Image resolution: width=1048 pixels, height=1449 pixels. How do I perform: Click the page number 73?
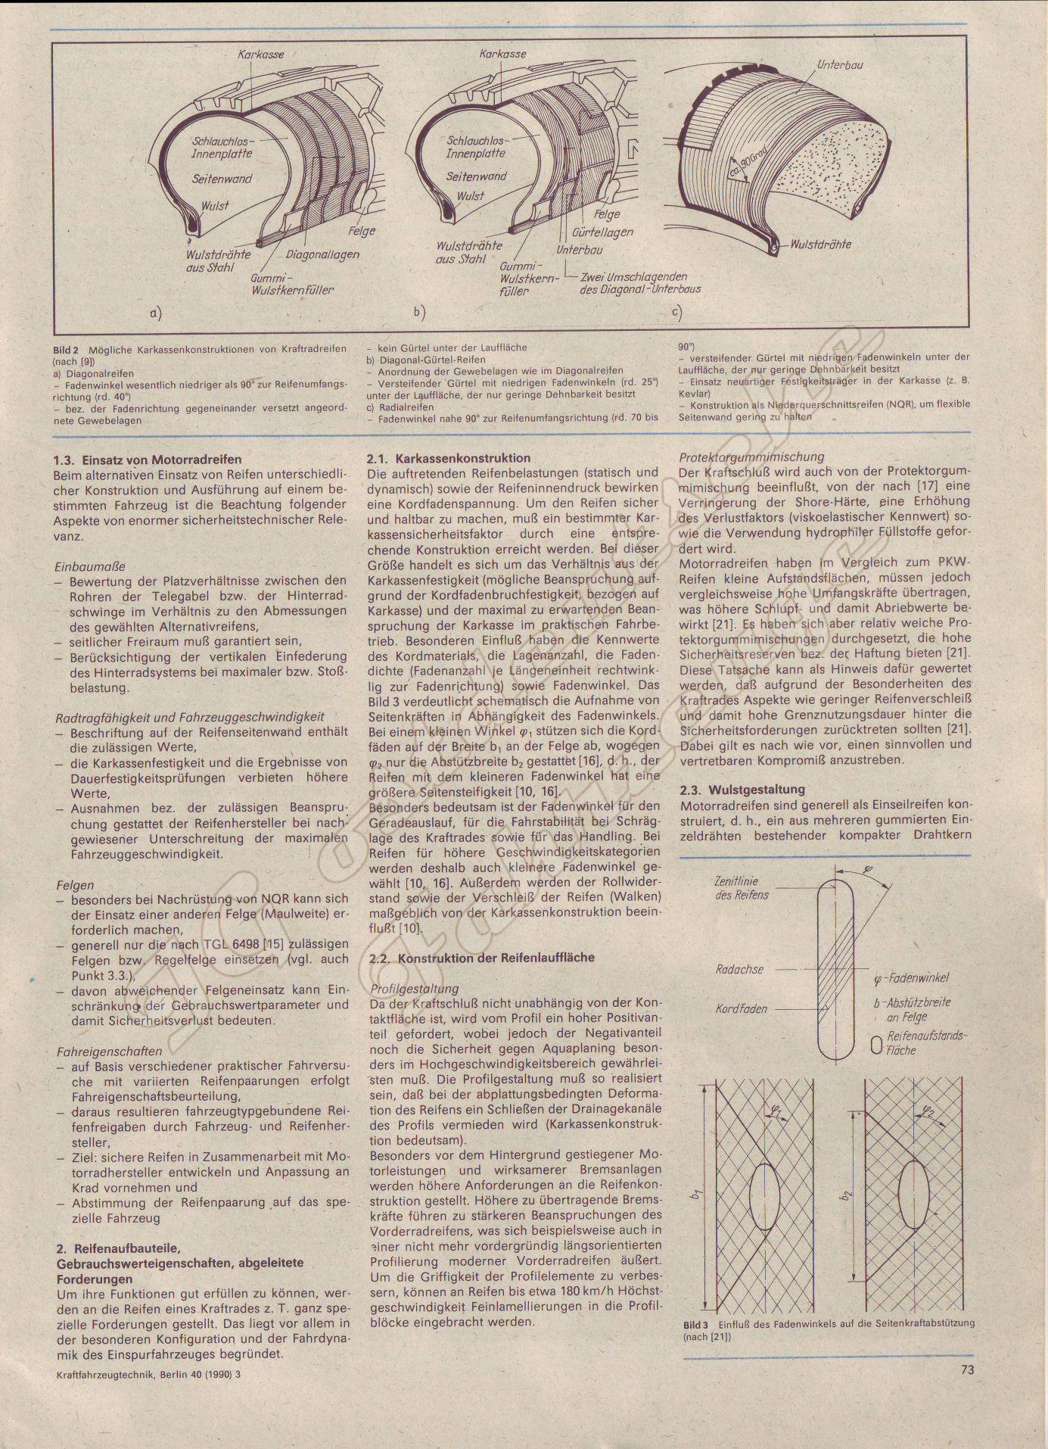[x=966, y=1369]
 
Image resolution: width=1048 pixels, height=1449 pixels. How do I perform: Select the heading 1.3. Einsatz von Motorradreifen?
[x=148, y=459]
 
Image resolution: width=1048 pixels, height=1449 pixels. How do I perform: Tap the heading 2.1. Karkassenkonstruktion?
[x=449, y=458]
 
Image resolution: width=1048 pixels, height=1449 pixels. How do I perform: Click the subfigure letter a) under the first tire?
[x=155, y=312]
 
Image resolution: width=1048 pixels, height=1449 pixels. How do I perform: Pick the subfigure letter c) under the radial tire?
[x=676, y=312]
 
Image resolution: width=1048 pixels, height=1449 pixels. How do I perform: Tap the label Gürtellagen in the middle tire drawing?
[x=602, y=232]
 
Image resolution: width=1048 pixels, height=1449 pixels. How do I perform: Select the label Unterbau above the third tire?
[x=839, y=65]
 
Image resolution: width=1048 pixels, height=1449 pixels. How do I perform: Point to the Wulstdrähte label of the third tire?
[x=821, y=244]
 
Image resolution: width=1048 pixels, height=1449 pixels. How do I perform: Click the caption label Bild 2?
[x=66, y=350]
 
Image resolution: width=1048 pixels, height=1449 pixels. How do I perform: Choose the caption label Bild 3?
[x=695, y=1326]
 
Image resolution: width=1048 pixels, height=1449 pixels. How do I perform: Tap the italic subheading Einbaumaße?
[x=90, y=566]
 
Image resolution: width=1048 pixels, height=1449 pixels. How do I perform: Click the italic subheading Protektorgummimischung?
[x=751, y=457]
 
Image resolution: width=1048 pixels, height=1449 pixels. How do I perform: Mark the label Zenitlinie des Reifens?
[x=742, y=888]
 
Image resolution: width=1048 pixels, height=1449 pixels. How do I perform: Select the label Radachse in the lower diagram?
[x=739, y=969]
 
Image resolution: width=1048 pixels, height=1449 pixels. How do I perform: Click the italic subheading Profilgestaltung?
[x=413, y=988]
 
